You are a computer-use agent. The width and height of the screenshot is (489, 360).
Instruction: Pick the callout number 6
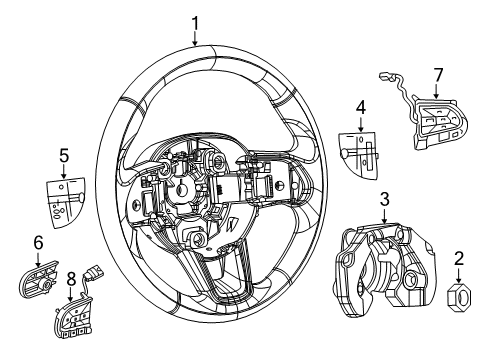(x=39, y=242)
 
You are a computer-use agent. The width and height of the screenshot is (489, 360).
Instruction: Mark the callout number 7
(x=437, y=76)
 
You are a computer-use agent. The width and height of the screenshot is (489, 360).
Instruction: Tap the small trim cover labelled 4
(x=357, y=146)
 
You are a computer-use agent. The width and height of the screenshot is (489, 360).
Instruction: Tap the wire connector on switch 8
(x=97, y=270)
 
